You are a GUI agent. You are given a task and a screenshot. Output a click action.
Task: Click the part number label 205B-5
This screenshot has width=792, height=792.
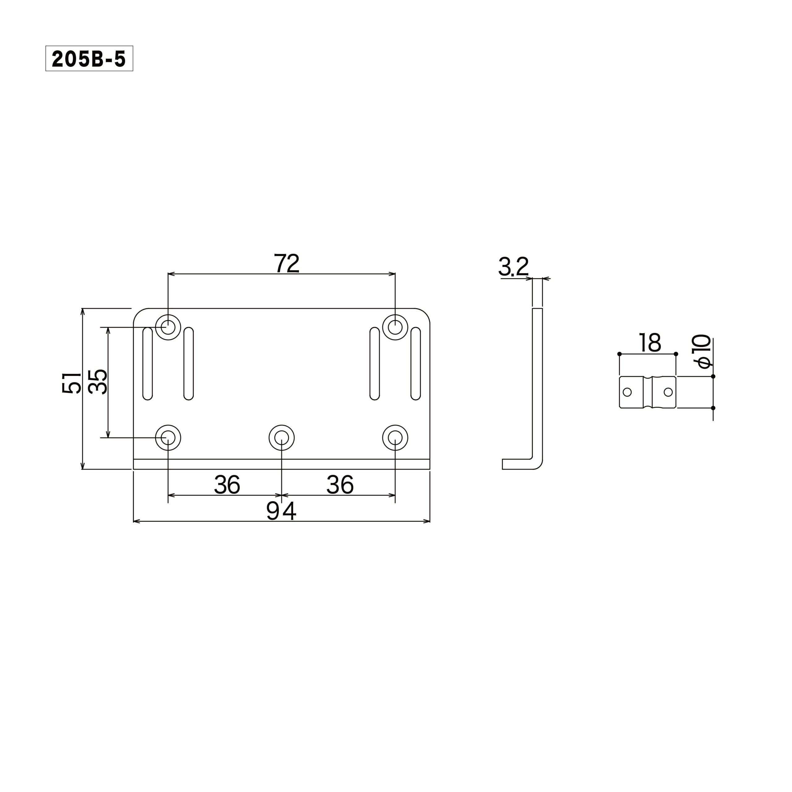[89, 58]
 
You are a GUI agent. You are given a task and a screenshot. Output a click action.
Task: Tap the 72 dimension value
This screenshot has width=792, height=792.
[286, 263]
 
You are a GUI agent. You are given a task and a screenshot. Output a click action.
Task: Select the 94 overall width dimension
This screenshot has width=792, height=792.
[281, 511]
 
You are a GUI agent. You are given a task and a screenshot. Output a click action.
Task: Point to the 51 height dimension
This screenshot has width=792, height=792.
[72, 383]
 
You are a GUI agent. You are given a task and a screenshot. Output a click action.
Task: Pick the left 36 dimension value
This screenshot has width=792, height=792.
[227, 485]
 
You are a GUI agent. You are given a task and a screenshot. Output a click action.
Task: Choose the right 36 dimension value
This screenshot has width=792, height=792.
[340, 485]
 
